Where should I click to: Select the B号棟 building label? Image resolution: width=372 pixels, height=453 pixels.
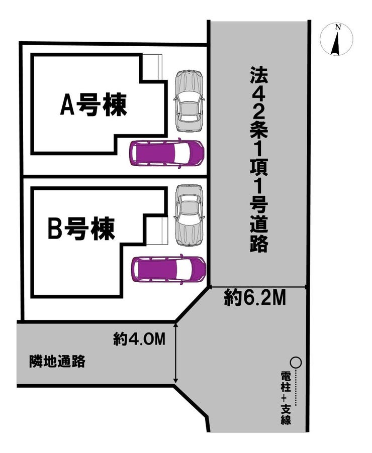pos(81,229)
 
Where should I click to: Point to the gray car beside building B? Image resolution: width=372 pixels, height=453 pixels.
pos(189,214)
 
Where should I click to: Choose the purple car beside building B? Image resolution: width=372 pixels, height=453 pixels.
pos(168,269)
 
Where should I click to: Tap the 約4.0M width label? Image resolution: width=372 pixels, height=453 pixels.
pos(139,340)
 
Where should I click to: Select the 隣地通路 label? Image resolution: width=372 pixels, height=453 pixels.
pos(57,361)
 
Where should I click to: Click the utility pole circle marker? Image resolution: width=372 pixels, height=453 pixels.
pos(296,361)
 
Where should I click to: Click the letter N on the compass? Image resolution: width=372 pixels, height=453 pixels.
pos(339,28)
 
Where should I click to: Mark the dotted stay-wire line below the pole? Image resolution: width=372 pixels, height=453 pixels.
pos(296,387)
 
